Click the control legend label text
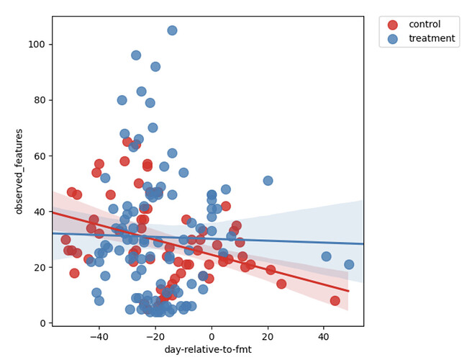[x=425, y=24]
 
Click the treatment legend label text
[x=431, y=39]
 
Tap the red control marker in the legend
[x=391, y=24]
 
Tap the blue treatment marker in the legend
[x=391, y=39]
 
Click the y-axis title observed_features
[x=19, y=171]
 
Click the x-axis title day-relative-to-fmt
[x=208, y=350]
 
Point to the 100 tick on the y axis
[x=37, y=44]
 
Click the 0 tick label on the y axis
[x=43, y=323]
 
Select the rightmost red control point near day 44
[x=335, y=300]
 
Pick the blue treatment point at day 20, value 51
[x=268, y=181]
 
